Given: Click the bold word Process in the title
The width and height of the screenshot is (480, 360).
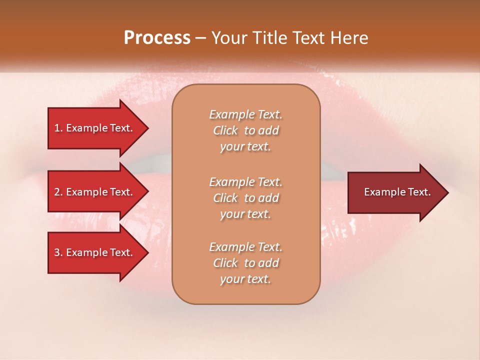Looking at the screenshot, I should (x=157, y=38).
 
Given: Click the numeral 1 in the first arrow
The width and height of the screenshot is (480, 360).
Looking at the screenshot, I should (x=57, y=128).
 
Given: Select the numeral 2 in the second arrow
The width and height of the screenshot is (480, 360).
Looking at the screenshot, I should (x=57, y=192).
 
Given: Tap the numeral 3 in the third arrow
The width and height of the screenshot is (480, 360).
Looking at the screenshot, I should (x=57, y=252).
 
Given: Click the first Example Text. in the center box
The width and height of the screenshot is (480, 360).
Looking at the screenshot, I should (x=245, y=114).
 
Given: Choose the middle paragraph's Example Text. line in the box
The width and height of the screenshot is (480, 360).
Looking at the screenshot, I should (x=245, y=181).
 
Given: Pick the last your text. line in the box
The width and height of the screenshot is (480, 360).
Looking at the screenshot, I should (x=245, y=279).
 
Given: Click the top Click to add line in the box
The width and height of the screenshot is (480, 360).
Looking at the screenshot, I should (x=245, y=130).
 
